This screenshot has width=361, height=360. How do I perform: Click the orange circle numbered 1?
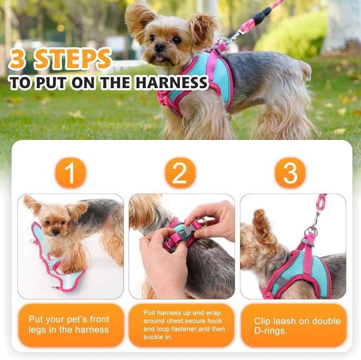point(71,173)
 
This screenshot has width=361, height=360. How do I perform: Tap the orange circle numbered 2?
point(180,173)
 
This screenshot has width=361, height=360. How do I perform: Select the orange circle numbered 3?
point(290,173)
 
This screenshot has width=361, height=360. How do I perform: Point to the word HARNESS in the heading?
point(171,82)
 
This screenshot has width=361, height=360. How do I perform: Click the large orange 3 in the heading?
point(19,59)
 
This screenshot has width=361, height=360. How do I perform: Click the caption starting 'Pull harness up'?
point(180,324)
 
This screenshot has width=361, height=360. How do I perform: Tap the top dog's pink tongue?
point(160,58)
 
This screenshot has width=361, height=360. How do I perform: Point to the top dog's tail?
point(306,69)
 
